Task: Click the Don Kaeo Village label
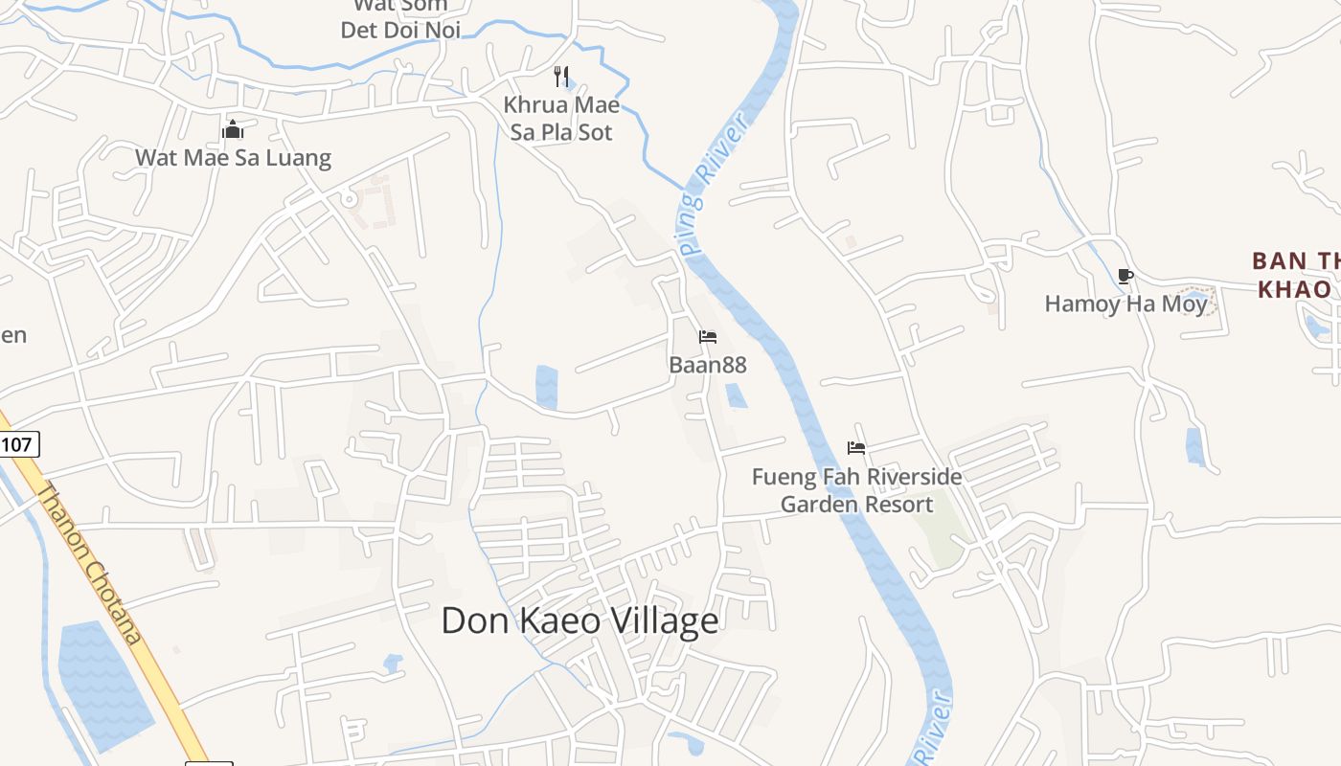(580, 621)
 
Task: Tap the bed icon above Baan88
(708, 337)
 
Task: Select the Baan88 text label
(707, 365)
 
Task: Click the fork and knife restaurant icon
(562, 76)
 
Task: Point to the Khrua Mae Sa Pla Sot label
(561, 118)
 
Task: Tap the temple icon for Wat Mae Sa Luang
(233, 128)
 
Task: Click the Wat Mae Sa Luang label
(233, 157)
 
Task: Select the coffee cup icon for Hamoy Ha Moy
(1125, 277)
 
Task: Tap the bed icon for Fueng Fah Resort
(856, 447)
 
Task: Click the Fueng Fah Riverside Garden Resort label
(856, 490)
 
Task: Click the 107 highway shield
(18, 443)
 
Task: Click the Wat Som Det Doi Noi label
(400, 19)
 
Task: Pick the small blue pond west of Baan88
(547, 386)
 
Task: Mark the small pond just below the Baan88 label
(736, 395)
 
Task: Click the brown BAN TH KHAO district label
(1293, 275)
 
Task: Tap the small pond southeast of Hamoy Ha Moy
(1194, 446)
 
